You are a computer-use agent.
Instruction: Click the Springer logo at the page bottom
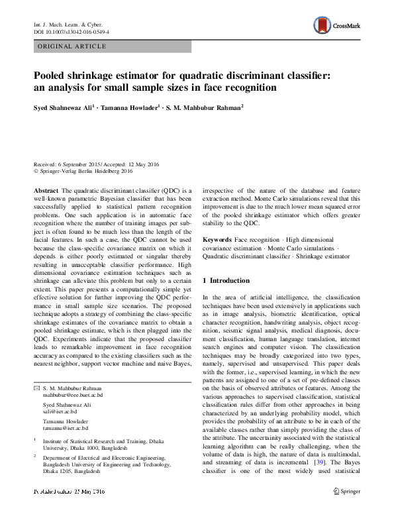click(346, 510)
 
